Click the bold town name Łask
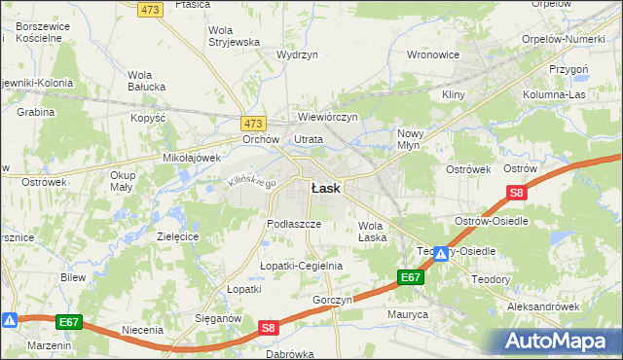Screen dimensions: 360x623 point(325,188)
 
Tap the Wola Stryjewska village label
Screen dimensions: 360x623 point(234,36)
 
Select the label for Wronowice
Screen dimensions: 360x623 point(432,54)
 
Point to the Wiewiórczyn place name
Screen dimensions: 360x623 point(328,117)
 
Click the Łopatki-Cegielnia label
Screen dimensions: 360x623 point(301,266)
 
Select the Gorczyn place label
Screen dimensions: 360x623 point(332,300)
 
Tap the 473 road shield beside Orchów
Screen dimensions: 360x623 point(253,124)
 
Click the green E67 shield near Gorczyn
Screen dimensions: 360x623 point(411,278)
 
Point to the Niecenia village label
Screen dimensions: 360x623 point(142,330)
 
